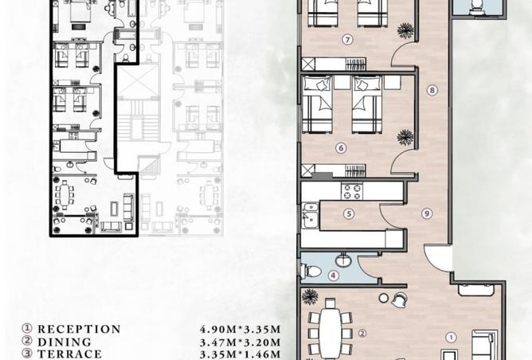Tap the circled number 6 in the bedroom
click(340, 147)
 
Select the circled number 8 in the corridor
click(432, 90)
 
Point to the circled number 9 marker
click(427, 213)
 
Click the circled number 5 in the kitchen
click(349, 213)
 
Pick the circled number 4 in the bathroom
click(334, 276)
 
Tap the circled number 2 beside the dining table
click(362, 334)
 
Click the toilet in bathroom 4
click(313, 272)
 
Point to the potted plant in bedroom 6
click(405, 138)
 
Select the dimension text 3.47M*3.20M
click(240, 342)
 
